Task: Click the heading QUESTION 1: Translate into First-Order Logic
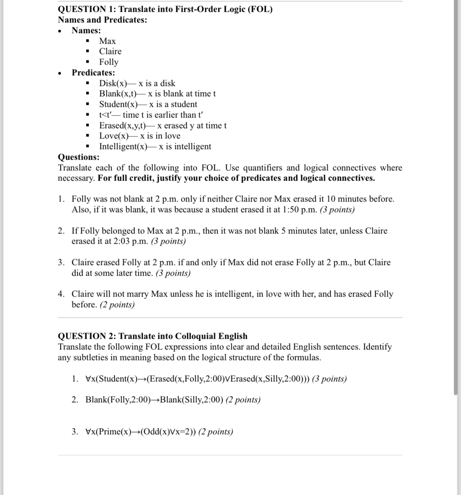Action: (165, 9)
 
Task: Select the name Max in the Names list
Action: (107, 41)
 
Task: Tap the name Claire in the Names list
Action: (110, 51)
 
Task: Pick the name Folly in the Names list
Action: (108, 62)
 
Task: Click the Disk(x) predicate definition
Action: (137, 83)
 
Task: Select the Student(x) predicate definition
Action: (148, 104)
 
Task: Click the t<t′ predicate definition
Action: (151, 115)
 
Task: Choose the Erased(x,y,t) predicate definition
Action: (162, 125)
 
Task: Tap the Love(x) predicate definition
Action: (139, 136)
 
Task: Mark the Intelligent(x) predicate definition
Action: (155, 146)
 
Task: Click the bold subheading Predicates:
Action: (93, 73)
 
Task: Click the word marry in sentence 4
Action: (138, 294)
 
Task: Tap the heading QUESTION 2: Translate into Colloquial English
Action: (152, 336)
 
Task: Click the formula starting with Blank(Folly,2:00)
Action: (154, 400)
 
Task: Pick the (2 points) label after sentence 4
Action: (117, 304)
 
